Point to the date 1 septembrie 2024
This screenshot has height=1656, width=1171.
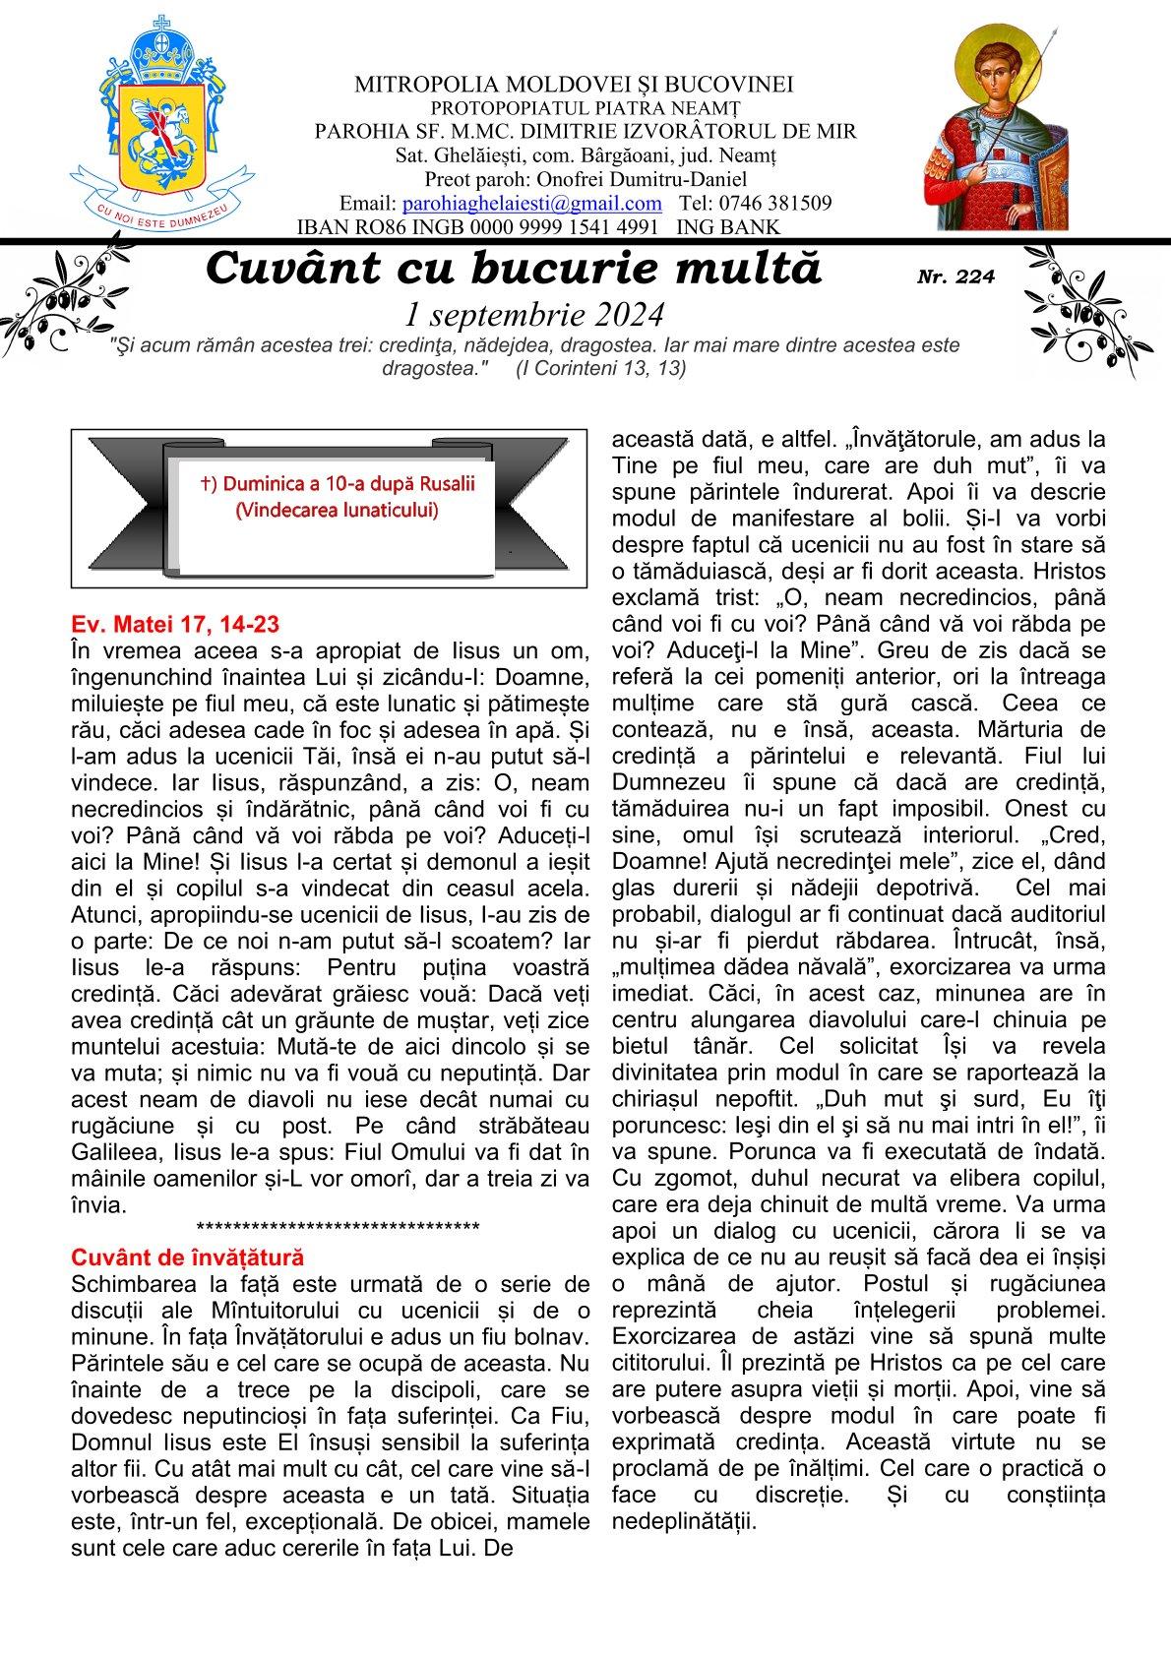pos(534,314)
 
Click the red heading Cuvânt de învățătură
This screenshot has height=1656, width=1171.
pos(188,1257)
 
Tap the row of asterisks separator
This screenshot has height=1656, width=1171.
pos(338,1227)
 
